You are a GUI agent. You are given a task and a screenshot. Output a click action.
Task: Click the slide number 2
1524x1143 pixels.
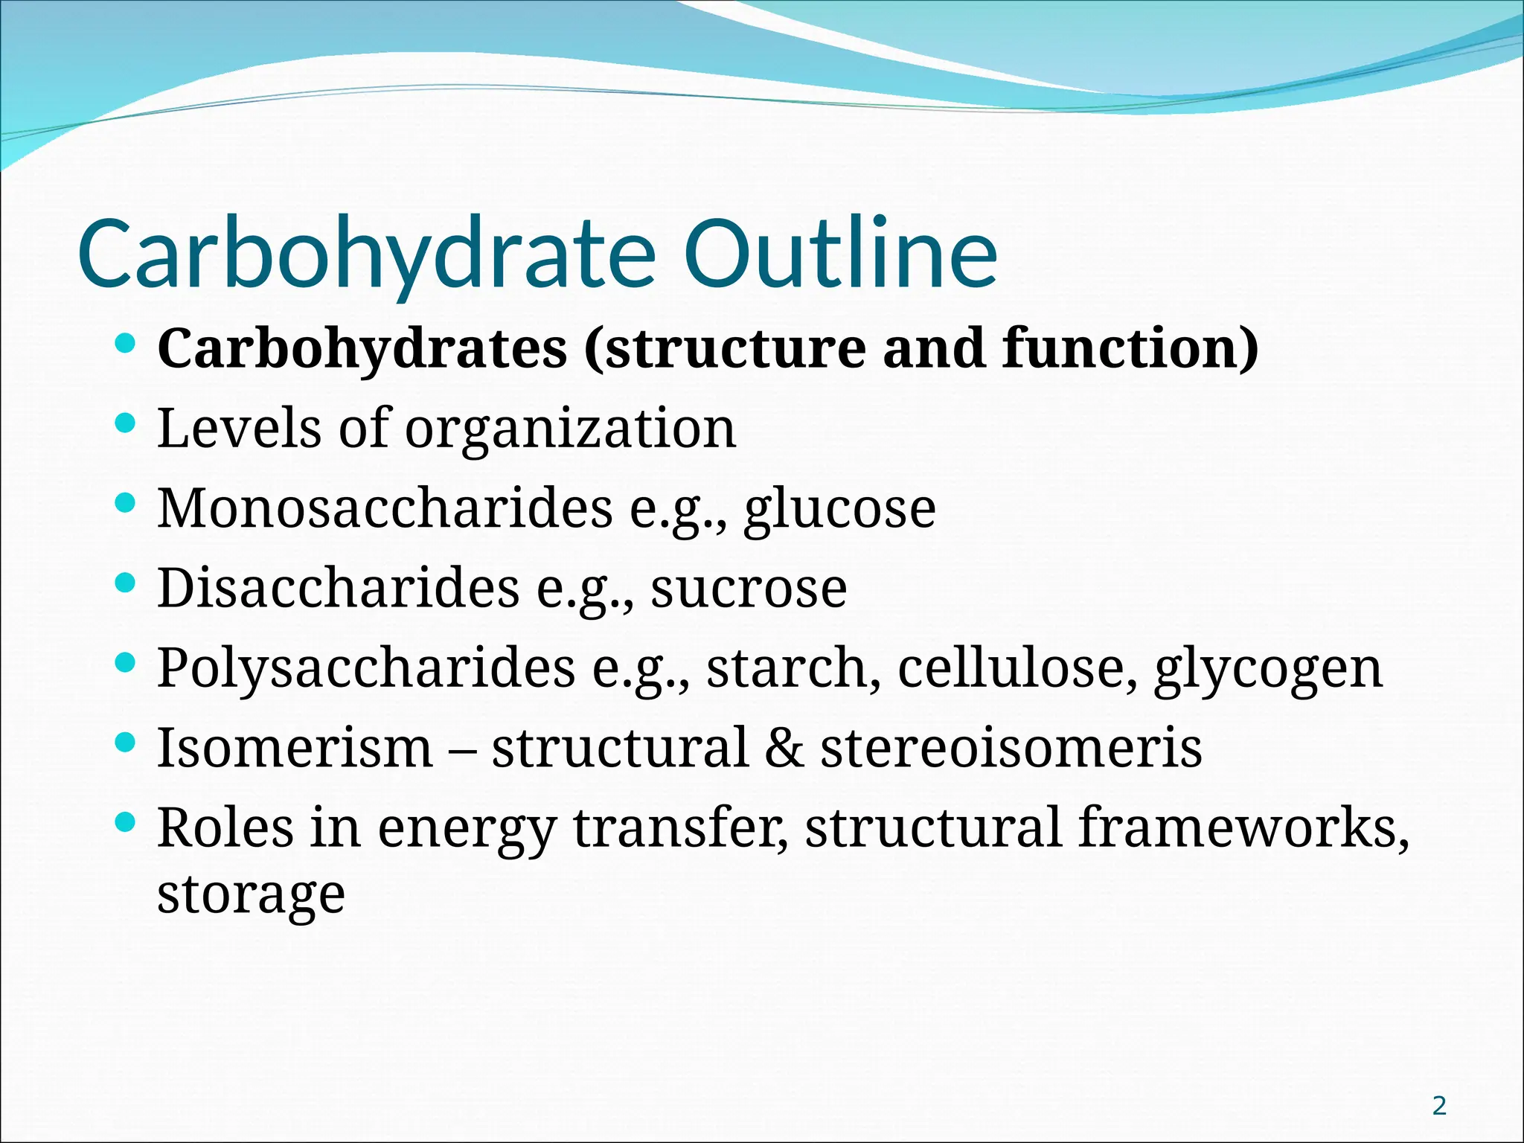point(1439,1106)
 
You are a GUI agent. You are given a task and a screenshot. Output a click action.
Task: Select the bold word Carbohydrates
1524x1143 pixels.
point(362,349)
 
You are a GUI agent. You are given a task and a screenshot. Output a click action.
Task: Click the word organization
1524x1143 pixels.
point(570,429)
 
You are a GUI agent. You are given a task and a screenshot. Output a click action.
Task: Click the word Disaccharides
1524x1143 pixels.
point(338,588)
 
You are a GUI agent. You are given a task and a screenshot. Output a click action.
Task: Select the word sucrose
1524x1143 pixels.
point(749,589)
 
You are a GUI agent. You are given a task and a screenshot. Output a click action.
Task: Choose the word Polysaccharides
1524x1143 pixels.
point(366,669)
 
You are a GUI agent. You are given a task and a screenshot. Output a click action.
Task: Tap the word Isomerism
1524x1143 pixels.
point(295,747)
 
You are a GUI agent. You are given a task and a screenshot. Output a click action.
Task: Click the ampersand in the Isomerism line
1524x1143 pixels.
point(784,748)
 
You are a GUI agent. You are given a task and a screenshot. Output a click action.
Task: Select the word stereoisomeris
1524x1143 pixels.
point(1011,748)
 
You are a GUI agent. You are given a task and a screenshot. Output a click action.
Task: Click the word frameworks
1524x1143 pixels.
point(1243,827)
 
